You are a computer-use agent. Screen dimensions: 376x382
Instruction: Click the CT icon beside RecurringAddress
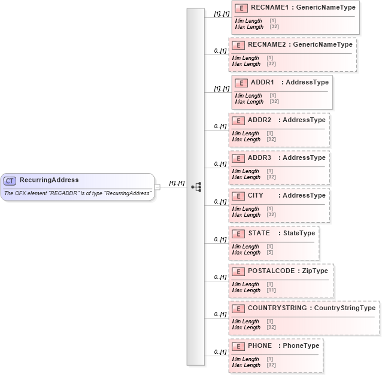10,180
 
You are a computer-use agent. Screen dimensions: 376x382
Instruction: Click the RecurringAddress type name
49,180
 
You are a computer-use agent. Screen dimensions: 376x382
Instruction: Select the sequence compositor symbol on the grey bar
196,187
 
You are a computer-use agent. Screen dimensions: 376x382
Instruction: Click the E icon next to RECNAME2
238,45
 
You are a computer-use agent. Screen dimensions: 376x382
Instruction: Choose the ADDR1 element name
262,83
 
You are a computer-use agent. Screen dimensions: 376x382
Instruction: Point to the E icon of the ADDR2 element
238,120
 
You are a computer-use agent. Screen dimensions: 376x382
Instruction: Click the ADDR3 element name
259,158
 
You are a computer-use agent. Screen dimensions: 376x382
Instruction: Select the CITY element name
256,196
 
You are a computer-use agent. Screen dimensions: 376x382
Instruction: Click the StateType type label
299,234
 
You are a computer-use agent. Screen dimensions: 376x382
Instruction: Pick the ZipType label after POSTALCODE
315,271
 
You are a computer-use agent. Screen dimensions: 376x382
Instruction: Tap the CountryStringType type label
345,308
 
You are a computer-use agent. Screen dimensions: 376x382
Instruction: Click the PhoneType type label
301,346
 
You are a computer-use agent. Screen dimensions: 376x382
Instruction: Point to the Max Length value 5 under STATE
270,253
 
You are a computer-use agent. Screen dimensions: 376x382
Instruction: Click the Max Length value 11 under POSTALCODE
270,290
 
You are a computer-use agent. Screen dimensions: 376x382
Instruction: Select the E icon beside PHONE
238,346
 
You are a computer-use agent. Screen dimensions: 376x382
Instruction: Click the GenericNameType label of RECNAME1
326,8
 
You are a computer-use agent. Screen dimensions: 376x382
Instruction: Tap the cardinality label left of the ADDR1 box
222,89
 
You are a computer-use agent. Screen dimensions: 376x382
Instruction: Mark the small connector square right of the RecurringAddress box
157,187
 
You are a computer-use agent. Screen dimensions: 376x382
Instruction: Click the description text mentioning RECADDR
77,193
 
